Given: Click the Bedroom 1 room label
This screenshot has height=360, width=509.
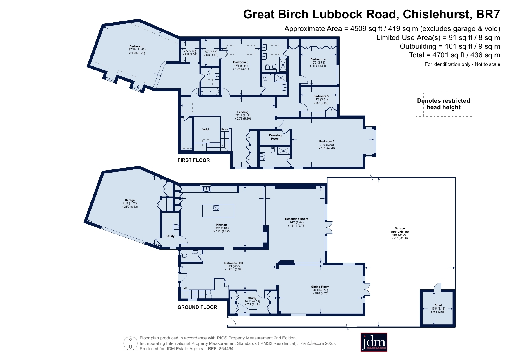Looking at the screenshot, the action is point(137,46).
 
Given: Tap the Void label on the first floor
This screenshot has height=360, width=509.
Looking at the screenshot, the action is point(206,129).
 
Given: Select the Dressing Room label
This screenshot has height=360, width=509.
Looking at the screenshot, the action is point(275,137).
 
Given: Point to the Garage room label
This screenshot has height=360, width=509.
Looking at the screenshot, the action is point(130,200).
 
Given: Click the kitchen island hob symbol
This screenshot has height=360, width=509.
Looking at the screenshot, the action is point(216,208).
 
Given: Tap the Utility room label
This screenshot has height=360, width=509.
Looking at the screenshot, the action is point(171,236).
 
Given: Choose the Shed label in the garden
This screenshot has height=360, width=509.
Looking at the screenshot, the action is point(438,305).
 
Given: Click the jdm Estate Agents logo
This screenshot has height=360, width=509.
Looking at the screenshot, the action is point(374,343).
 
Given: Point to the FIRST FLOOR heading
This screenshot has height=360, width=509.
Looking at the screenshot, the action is point(193,160).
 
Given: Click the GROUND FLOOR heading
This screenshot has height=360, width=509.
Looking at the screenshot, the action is point(197,307).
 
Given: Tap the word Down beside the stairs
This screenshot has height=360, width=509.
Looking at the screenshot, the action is point(225,129).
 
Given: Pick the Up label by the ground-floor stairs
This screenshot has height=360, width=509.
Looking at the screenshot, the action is point(185,288).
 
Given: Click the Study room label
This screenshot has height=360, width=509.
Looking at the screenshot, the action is point(252,298).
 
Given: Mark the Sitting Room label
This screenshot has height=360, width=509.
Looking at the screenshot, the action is point(320,287).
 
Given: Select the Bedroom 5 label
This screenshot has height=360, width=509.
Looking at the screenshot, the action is point(321,96).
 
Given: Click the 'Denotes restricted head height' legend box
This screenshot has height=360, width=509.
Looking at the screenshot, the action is point(444,104).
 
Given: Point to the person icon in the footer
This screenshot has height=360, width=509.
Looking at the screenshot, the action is point(130,343).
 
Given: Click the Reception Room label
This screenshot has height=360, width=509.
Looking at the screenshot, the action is point(296,219).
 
